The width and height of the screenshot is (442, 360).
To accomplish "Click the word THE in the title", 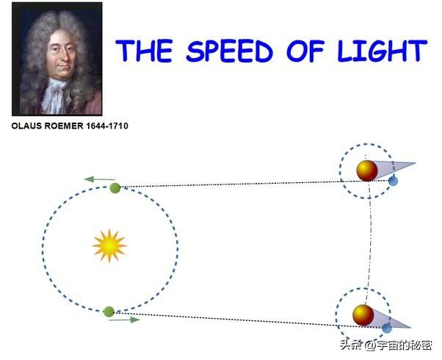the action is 144,51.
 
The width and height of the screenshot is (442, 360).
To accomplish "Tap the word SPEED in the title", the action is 230,51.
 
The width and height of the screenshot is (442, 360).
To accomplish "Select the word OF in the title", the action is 305,51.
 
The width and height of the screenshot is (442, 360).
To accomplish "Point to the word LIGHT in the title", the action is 383,51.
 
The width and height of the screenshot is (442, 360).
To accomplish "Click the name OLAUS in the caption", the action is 26,126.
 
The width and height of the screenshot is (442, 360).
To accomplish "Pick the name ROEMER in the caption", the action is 64,126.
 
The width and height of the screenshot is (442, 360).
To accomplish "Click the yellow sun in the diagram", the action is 109,245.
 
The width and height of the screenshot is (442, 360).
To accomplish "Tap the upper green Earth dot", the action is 115,188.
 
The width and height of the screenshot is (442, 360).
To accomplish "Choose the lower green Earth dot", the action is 109,312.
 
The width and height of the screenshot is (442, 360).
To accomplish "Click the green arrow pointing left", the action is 100,179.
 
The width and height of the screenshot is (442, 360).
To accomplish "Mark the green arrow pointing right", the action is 124,320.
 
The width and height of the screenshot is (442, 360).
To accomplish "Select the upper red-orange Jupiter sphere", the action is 367,170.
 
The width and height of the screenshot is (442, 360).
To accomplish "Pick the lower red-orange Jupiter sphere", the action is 363,315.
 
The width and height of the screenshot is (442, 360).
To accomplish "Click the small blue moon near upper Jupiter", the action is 393,181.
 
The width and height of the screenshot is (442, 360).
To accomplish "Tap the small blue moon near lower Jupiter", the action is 387,328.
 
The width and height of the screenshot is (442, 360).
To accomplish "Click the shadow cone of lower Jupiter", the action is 391,320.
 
